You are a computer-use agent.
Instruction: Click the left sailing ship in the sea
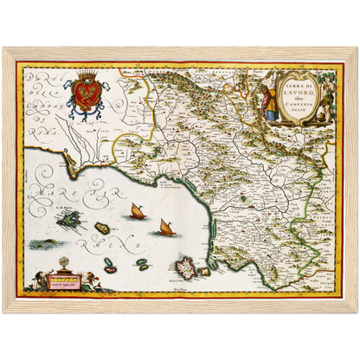tap(136, 210)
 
